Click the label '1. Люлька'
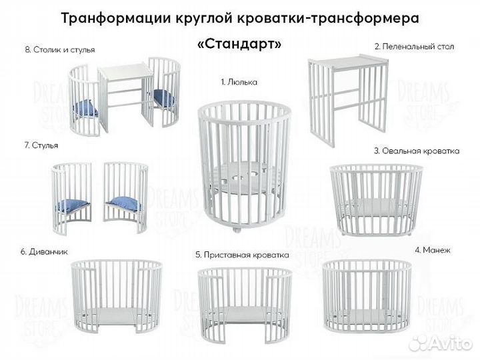pyautogui.click(x=239, y=82)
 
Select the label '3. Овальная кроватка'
pyautogui.click(x=417, y=151)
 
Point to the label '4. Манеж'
pyautogui.click(x=432, y=250)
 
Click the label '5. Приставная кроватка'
pyautogui.click(x=242, y=255)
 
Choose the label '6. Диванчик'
pyautogui.click(x=44, y=251)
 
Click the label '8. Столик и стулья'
pyautogui.click(x=59, y=50)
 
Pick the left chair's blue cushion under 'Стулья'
pyautogui.click(x=71, y=205)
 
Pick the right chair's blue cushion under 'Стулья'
pyautogui.click(x=125, y=203)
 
